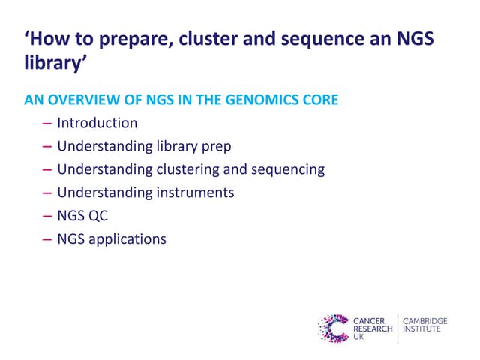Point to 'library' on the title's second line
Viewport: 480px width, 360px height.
[51, 65]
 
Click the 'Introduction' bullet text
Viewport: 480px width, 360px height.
[97, 123]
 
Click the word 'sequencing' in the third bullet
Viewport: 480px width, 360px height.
[288, 169]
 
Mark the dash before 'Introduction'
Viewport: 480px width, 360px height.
[48, 123]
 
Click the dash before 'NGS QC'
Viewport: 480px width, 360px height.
[48, 216]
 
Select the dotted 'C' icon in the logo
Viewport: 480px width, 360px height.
[334, 328]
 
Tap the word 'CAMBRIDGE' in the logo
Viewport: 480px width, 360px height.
[424, 321]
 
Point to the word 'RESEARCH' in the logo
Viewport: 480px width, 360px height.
[373, 329]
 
